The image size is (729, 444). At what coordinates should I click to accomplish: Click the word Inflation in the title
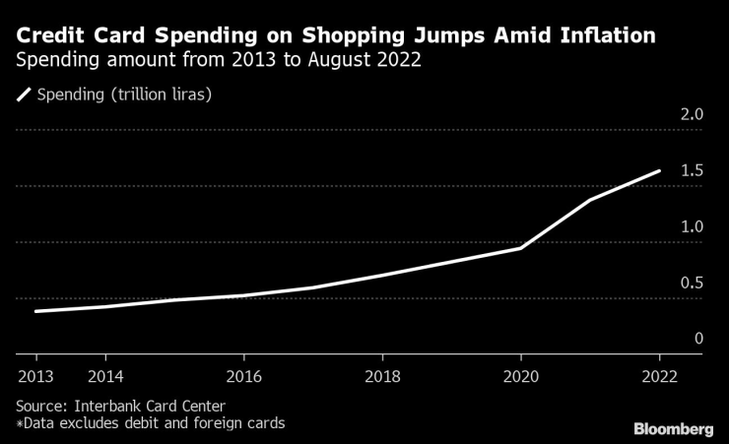point(595,36)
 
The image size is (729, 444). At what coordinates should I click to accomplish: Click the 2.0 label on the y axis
point(691,114)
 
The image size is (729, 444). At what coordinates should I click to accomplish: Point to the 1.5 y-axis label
point(691,170)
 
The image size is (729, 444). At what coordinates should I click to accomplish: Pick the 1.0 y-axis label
point(691,226)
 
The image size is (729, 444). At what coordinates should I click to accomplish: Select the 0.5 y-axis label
point(691,283)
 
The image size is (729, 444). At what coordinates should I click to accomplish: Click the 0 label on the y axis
point(698,339)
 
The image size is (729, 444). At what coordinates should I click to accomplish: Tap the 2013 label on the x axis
point(35,376)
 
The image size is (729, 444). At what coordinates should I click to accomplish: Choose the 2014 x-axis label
point(105,376)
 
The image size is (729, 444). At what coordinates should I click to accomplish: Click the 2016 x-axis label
point(244,376)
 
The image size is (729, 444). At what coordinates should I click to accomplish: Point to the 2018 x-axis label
point(382,376)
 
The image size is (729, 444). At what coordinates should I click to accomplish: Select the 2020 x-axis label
point(520,376)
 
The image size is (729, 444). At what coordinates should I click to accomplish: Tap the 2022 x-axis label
point(659,376)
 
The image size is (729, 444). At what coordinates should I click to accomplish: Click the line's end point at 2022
point(659,170)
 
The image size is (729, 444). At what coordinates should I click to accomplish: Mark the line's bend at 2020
point(520,248)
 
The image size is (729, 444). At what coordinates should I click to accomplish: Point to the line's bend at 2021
point(590,200)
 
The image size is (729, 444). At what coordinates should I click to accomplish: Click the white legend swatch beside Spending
point(24,95)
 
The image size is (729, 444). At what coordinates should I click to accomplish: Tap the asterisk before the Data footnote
point(19,423)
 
